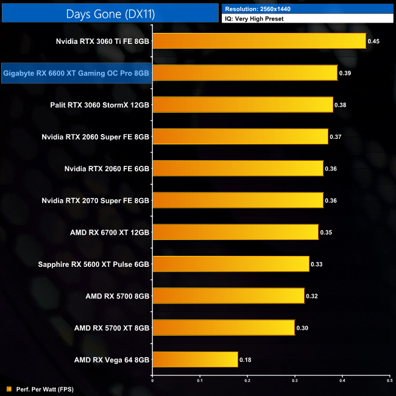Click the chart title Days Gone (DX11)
click(110, 12)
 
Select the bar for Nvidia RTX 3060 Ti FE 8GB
click(259, 41)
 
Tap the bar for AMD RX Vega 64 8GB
click(195, 359)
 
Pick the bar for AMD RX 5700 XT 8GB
click(224, 328)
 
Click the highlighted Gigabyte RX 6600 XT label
click(76, 73)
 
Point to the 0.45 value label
click(374, 42)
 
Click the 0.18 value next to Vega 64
click(246, 360)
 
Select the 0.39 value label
click(345, 74)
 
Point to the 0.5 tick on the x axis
click(389, 381)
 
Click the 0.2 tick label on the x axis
click(247, 381)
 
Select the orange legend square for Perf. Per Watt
click(9, 389)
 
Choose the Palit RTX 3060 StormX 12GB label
click(100, 105)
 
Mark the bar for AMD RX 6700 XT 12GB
click(235, 232)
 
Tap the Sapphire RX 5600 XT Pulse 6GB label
click(94, 264)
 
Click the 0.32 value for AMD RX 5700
click(312, 296)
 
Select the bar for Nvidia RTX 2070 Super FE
click(238, 200)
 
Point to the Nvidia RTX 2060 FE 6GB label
click(107, 169)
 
